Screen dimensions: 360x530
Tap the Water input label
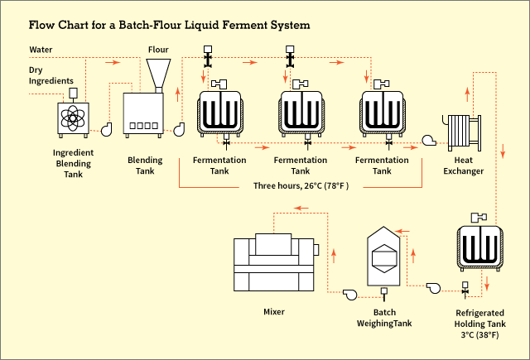click(x=42, y=50)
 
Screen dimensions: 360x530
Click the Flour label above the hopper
click(x=158, y=50)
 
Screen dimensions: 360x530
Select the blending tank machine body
click(x=145, y=114)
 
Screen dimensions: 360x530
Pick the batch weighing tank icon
click(x=383, y=257)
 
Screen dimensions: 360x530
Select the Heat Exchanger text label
click(x=464, y=166)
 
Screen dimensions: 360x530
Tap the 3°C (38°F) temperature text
click(x=479, y=336)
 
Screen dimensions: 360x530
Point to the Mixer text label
click(x=273, y=312)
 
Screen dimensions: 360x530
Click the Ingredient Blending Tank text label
click(x=73, y=163)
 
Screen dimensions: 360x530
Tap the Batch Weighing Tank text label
click(x=383, y=317)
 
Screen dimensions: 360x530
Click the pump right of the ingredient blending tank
click(x=107, y=128)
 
